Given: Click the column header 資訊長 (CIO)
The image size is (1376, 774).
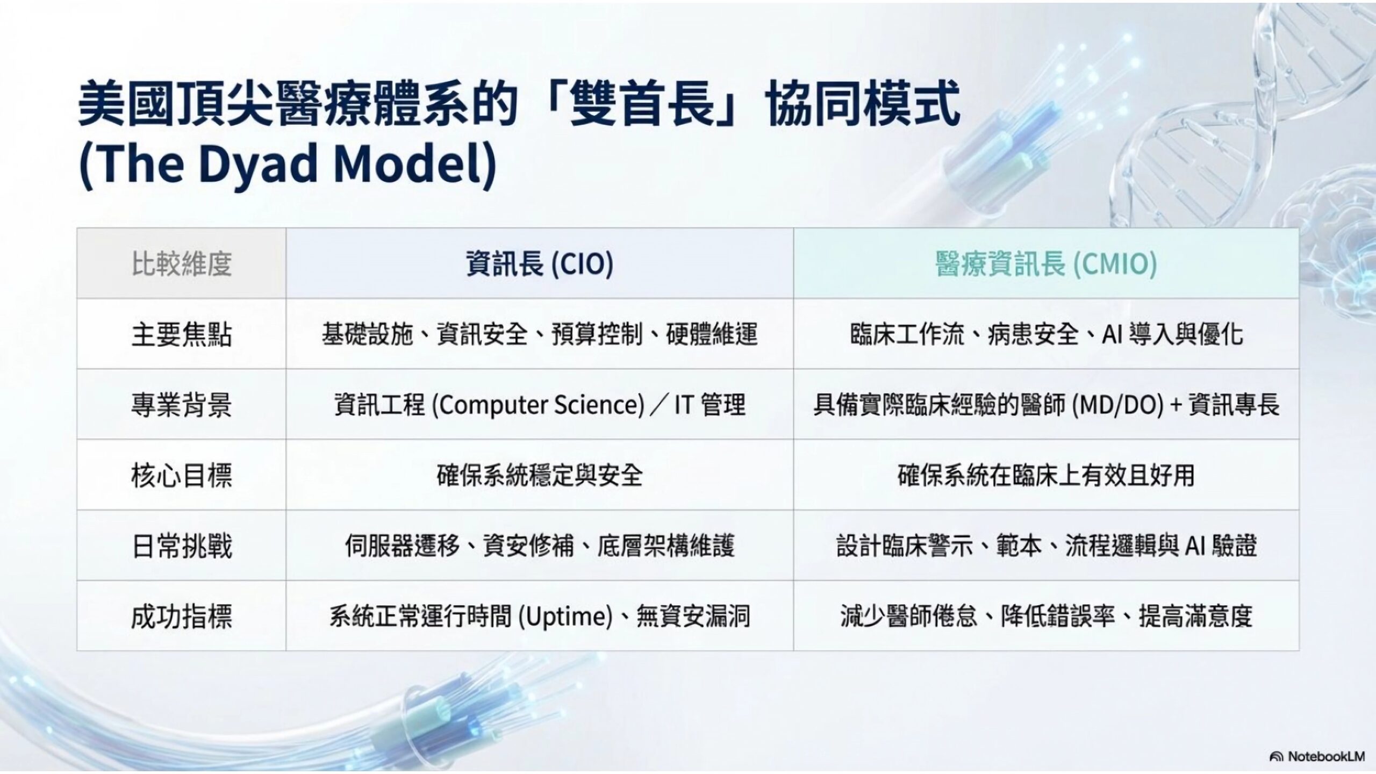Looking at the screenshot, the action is pyautogui.click(x=539, y=264).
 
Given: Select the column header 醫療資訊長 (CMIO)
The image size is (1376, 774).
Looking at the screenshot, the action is pyautogui.click(x=1046, y=264).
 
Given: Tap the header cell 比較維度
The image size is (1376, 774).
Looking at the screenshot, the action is pyautogui.click(x=182, y=264).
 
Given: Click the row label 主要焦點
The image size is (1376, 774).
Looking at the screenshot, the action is pyautogui.click(x=182, y=334).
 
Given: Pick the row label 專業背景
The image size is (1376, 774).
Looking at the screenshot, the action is pyautogui.click(x=182, y=405).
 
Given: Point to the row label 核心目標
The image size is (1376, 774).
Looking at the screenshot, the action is pyautogui.click(x=182, y=475).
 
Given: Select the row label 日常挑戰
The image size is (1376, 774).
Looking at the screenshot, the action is pyautogui.click(x=182, y=546).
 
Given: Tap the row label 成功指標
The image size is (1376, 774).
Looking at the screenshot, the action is pyautogui.click(x=182, y=616).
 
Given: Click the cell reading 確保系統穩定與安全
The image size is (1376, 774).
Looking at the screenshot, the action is pyautogui.click(x=539, y=475).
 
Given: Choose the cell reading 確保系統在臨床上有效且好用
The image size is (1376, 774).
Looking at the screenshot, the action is pyautogui.click(x=1046, y=475).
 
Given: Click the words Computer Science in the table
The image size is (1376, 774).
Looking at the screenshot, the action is pyautogui.click(x=541, y=405).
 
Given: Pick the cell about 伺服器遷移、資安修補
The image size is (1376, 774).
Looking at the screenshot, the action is pyautogui.click(x=539, y=546).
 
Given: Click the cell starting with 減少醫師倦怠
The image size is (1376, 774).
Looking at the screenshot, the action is pyautogui.click(x=1046, y=616).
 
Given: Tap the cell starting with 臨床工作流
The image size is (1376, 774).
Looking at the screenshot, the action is pyautogui.click(x=1046, y=334).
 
